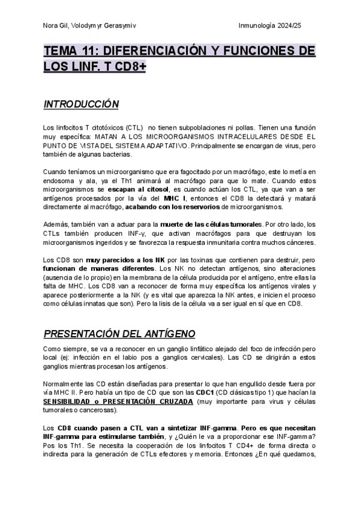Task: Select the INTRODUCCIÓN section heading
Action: [81, 104]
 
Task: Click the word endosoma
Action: [58, 181]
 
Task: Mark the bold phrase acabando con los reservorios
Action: [176, 207]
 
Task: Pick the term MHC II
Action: [61, 393]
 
